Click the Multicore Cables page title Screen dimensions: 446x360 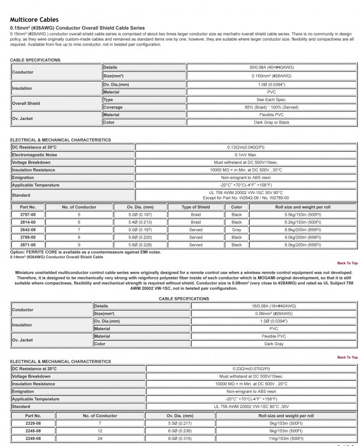point(34,19)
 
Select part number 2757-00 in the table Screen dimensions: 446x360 point(28,215)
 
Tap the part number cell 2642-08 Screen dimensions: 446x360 point(28,230)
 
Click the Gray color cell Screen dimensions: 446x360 point(236,230)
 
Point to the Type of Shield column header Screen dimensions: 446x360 point(196,207)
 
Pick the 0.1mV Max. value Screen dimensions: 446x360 point(246,154)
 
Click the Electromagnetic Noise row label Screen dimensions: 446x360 point(35,154)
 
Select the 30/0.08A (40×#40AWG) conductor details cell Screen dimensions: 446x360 point(271,67)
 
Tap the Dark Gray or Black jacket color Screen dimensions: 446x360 point(271,122)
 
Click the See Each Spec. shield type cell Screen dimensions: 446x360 point(271,99)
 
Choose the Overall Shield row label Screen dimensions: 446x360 point(26,103)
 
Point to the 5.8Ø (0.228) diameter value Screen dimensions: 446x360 point(140,245)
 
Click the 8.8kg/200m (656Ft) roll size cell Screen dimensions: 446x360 point(303,230)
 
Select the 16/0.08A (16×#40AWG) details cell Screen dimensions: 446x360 point(273,306)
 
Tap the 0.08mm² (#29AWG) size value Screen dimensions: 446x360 point(273,314)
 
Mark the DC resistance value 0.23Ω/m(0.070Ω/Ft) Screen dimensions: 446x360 point(251,369)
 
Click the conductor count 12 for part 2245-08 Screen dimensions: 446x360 point(100,431)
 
